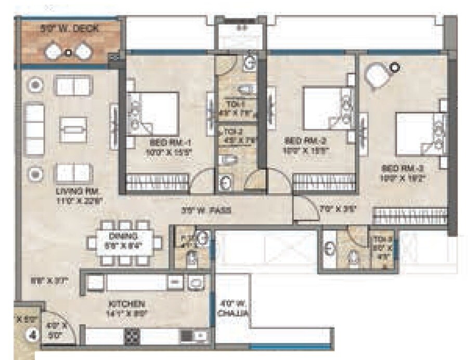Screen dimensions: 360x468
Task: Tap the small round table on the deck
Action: click(68, 51)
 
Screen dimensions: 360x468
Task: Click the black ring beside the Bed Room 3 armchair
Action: click(396, 66)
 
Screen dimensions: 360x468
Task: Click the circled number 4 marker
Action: click(33, 335)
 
